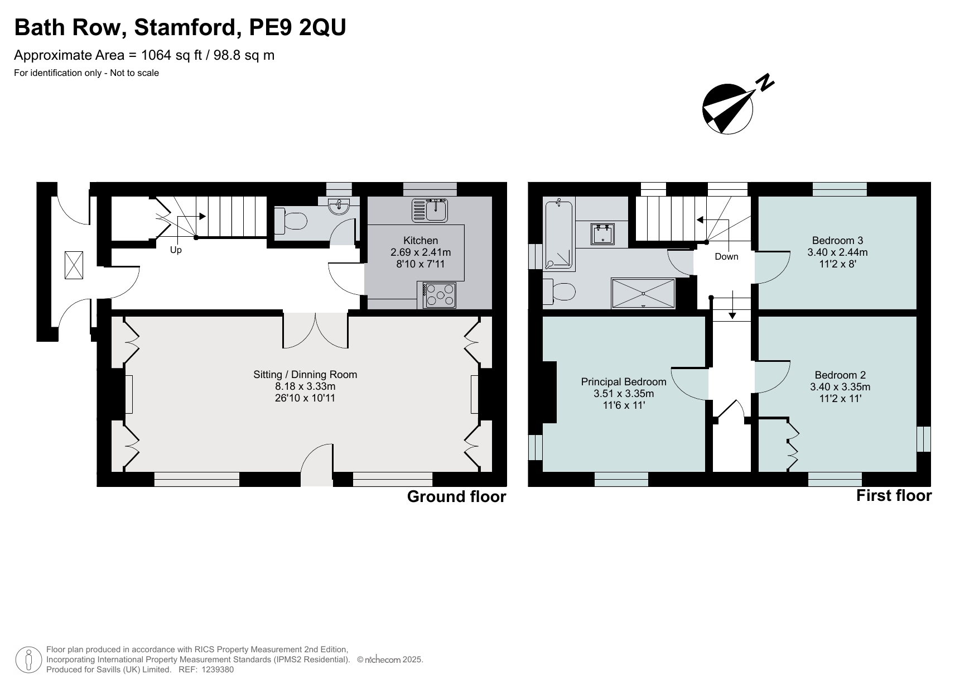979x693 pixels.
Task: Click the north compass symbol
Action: [728, 108]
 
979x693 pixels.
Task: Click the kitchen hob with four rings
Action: [437, 295]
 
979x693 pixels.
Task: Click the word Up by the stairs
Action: [176, 250]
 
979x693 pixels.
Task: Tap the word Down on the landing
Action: [726, 257]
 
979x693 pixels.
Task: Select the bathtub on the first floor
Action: [558, 235]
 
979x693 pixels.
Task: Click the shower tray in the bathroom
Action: [643, 293]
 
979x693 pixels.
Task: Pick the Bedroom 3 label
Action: [837, 241]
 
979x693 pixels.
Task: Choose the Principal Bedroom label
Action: [623, 382]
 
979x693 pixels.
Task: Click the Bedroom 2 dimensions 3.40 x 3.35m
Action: [840, 387]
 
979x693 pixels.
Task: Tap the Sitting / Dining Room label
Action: [305, 375]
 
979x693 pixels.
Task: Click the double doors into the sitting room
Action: [316, 331]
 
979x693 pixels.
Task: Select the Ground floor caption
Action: [456, 496]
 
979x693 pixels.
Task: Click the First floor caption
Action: [893, 496]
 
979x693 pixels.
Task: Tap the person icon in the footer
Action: [28, 659]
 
